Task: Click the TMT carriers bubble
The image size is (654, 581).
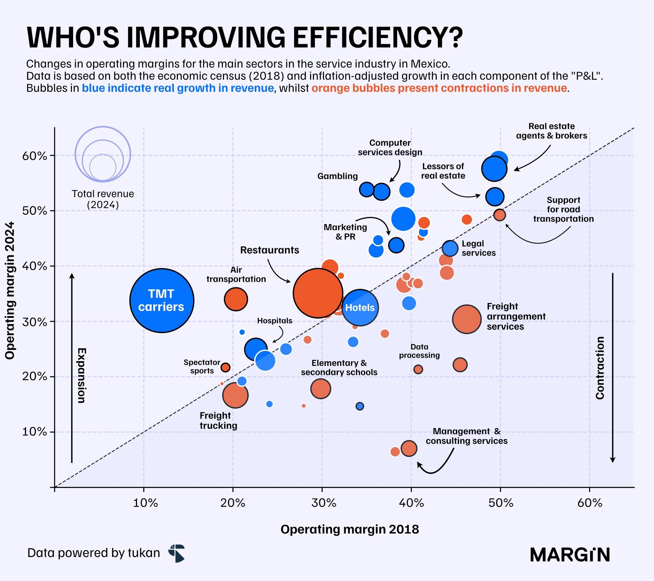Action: click(x=162, y=300)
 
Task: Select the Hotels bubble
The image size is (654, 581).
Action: click(x=360, y=307)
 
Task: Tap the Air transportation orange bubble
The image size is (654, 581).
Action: click(x=236, y=299)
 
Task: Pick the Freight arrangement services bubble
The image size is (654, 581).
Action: click(x=467, y=319)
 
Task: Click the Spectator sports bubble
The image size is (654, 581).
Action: click(x=225, y=367)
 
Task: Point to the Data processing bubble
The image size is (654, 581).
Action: click(x=418, y=369)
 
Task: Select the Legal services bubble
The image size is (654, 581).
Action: click(x=450, y=248)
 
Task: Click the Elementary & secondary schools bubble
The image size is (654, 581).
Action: click(x=320, y=389)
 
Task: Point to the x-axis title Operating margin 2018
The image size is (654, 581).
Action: click(x=350, y=529)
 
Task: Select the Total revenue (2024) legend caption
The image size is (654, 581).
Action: click(x=103, y=199)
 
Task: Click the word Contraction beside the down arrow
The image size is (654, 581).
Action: click(x=599, y=368)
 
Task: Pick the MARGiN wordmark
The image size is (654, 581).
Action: click(x=570, y=555)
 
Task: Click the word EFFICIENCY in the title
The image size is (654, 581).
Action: click(x=377, y=37)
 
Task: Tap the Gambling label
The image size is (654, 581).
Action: click(x=337, y=176)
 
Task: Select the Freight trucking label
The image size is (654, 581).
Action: click(x=219, y=420)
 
